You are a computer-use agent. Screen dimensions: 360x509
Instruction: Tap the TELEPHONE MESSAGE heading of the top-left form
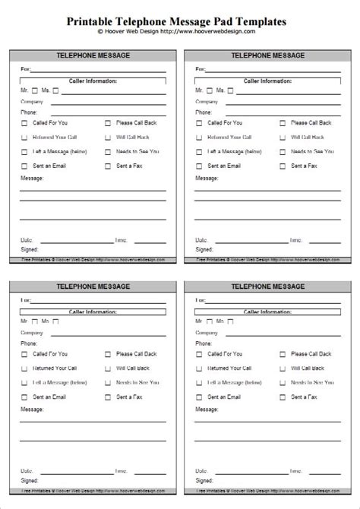pyautogui.click(x=95, y=55)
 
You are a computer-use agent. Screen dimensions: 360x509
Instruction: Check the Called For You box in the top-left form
pyautogui.click(x=25, y=123)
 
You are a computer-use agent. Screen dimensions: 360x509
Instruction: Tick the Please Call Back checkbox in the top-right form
pyautogui.click(x=283, y=123)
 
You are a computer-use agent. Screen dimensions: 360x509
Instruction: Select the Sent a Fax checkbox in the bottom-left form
pyautogui.click(x=109, y=397)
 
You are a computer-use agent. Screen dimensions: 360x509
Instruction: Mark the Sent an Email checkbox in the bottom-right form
pyautogui.click(x=199, y=397)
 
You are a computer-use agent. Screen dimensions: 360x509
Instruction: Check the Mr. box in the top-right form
pyautogui.click(x=208, y=90)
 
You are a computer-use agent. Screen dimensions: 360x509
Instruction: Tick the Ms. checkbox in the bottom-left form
pyautogui.click(x=55, y=321)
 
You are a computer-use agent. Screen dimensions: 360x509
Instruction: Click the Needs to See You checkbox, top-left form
pyautogui.click(x=109, y=152)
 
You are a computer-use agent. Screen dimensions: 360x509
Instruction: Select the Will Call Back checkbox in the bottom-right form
pyautogui.click(x=283, y=368)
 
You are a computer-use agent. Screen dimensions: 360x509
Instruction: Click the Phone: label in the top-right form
pyautogui.click(x=203, y=112)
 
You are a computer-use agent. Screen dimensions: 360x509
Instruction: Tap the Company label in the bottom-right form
pyautogui.click(x=206, y=332)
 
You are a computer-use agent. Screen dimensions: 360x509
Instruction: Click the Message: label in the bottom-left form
pyautogui.click(x=32, y=409)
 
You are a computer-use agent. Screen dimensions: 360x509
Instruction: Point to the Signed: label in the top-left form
pyautogui.click(x=30, y=248)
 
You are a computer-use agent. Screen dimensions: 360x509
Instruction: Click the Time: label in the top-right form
pyautogui.click(x=294, y=239)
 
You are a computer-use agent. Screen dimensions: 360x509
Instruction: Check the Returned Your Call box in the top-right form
pyautogui.click(x=199, y=138)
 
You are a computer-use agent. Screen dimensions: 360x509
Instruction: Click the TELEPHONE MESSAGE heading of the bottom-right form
pyautogui.click(x=269, y=286)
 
